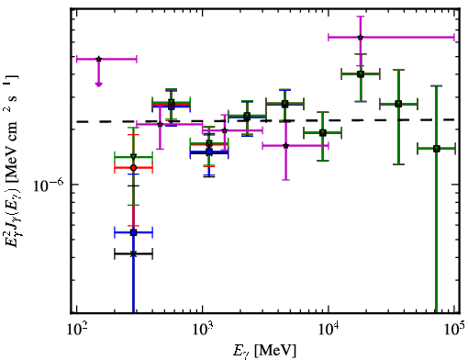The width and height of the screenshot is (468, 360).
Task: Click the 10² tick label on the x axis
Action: [77, 330]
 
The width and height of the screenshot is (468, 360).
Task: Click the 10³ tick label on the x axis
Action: [203, 330]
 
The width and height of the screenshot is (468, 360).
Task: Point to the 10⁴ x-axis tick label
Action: [329, 330]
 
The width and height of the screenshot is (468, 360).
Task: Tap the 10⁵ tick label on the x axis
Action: [455, 330]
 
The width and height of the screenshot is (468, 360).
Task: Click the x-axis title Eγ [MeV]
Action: [264, 351]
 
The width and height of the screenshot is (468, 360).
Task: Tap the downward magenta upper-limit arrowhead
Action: [98, 84]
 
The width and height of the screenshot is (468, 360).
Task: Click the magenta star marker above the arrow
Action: [98, 59]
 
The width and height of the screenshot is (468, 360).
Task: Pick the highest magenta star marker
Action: [361, 38]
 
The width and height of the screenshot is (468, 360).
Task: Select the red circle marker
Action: [133, 168]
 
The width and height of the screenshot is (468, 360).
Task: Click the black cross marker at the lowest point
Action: [133, 253]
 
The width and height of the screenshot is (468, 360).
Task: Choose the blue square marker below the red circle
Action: [133, 232]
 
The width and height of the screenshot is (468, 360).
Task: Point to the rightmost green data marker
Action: [437, 149]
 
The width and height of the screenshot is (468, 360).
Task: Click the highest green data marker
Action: [361, 74]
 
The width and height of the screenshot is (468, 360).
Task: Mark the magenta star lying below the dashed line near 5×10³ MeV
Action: [285, 146]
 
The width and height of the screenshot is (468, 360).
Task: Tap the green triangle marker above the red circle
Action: [133, 157]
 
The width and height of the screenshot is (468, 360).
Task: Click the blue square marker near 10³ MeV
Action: [209, 152]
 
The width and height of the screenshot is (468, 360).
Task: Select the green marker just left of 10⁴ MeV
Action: [323, 133]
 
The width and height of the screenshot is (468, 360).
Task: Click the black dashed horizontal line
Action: [265, 121]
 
